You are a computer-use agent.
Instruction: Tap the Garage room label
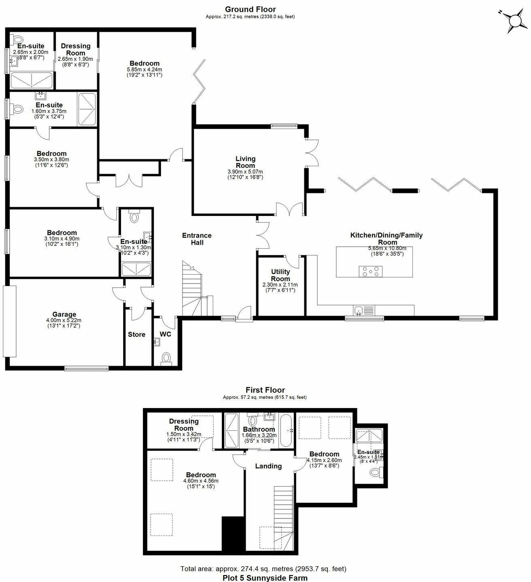click(64, 314)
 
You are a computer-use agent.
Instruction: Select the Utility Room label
click(280, 275)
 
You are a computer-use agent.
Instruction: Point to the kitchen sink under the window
click(359, 310)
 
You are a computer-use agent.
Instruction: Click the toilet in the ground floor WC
click(166, 358)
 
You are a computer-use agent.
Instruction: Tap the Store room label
click(136, 334)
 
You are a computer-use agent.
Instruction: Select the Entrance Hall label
click(197, 239)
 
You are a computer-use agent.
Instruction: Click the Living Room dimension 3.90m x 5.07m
click(245, 171)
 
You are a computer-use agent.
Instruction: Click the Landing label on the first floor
click(268, 466)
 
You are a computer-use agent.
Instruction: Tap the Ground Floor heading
click(250, 9)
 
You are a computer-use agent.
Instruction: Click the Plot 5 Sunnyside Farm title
click(265, 578)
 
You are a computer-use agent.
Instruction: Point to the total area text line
click(263, 569)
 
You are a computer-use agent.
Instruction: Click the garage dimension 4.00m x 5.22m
click(64, 320)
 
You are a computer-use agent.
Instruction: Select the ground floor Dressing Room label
click(76, 49)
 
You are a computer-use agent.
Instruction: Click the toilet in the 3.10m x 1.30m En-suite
click(134, 218)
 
